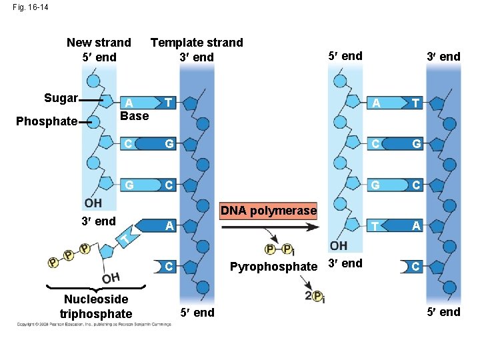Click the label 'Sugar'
pos(60,99)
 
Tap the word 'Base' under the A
pos(134,115)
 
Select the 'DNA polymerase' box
pos(268,211)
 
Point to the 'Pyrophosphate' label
pos(273,267)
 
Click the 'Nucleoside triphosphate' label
pos(96,307)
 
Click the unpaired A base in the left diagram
pos(171,226)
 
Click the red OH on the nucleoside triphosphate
pos(110,277)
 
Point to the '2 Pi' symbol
pos(314,296)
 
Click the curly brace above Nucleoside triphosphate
pos(96,286)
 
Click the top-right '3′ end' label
pos(443,56)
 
